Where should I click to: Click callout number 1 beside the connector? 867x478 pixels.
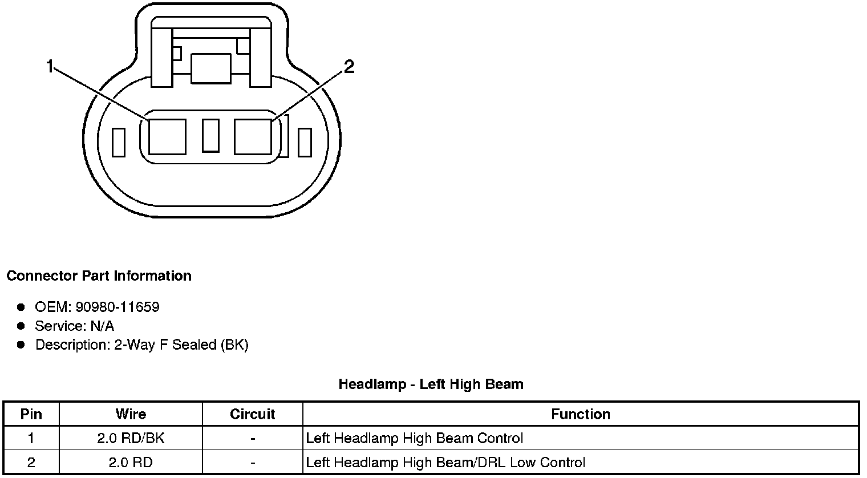pos(50,67)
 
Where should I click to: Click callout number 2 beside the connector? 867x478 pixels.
pos(349,67)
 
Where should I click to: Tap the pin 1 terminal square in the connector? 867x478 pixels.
pos(167,136)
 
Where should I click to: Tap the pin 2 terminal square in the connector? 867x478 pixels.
pos(253,136)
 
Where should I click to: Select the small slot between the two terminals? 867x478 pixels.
pos(210,135)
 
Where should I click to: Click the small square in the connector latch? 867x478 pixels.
pos(210,68)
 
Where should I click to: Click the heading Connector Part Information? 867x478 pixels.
pos(99,276)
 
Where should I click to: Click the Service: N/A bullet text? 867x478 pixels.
pos(74,326)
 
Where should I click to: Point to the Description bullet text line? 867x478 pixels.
pos(141,345)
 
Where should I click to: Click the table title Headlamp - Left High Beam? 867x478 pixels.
pos(431,384)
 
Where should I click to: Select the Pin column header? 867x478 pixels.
pos(31,414)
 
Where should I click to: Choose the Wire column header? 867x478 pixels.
pos(131,414)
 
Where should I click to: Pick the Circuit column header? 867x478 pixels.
pos(252,414)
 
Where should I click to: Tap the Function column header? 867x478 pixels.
pos(580,414)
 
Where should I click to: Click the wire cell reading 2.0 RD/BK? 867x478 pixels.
pos(131,438)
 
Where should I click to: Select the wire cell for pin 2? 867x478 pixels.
pos(131,462)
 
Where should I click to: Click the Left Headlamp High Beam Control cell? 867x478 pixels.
pos(415,438)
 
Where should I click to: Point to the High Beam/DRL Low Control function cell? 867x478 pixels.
pos(445,462)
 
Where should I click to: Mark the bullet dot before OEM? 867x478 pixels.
pos(21,307)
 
